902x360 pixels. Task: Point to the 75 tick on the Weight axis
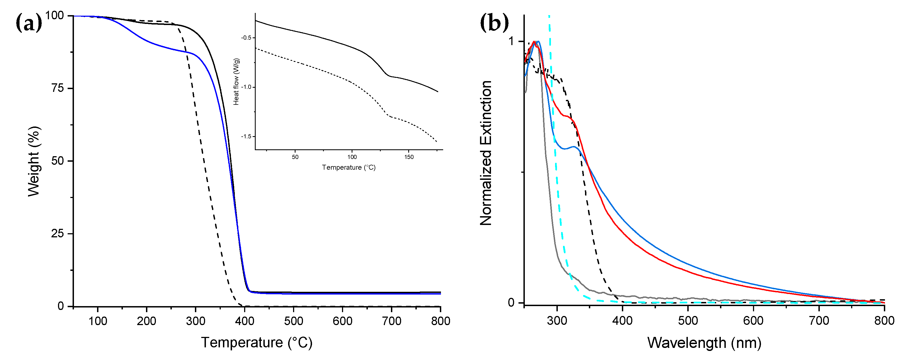click(x=57, y=88)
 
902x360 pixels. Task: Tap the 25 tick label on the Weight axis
click(x=57, y=233)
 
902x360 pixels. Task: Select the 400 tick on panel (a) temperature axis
click(x=244, y=320)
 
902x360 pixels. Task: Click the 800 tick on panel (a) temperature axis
click(x=440, y=320)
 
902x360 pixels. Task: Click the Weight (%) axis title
click(x=34, y=161)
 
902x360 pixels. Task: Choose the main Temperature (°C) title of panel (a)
click(x=256, y=342)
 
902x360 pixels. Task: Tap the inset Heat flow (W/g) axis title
click(x=236, y=82)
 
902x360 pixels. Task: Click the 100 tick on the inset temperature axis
click(x=352, y=157)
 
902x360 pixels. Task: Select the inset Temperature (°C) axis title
click(x=349, y=167)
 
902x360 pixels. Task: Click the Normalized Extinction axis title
click(x=486, y=153)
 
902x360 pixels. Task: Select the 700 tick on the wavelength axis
click(x=819, y=320)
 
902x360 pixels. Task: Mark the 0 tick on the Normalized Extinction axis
click(x=511, y=302)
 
